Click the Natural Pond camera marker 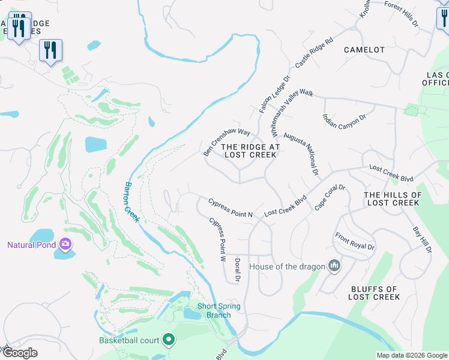click(x=65, y=244)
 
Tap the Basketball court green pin click(x=169, y=340)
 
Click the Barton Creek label click(x=131, y=202)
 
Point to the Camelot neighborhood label click(x=364, y=50)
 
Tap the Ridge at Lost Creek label click(x=250, y=151)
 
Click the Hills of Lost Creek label click(x=393, y=199)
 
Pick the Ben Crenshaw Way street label click(x=226, y=142)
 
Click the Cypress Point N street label click(x=231, y=208)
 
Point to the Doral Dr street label click(x=238, y=270)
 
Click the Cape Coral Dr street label click(x=330, y=197)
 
